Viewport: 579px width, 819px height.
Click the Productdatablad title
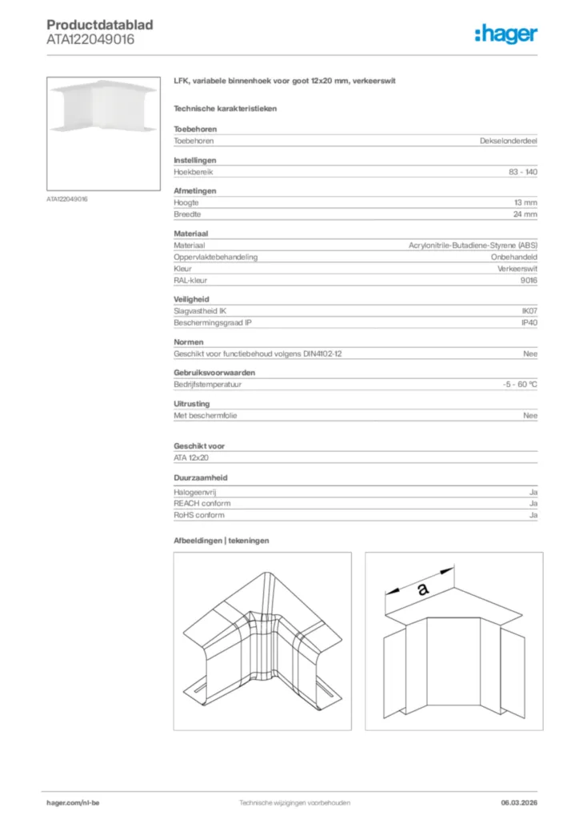pos(100,26)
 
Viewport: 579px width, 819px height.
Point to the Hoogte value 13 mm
pos(525,203)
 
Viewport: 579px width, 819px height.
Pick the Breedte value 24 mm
pos(525,214)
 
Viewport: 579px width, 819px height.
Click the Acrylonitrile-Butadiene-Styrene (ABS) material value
pos(473,246)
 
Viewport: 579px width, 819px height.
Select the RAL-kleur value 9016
pos(529,282)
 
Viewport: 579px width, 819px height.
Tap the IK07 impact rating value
pos(529,312)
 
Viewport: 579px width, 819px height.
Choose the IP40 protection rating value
pos(529,323)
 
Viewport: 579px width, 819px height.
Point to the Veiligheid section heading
pos(190,299)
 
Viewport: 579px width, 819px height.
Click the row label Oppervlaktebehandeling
pos(215,258)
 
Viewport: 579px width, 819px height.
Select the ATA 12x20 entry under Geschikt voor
pos(190,457)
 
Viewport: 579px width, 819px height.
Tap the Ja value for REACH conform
pos(533,504)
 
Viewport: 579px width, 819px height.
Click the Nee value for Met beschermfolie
pos(530,415)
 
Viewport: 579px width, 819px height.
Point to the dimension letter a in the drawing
pos(422,589)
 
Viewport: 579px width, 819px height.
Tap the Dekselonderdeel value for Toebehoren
pos(509,141)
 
